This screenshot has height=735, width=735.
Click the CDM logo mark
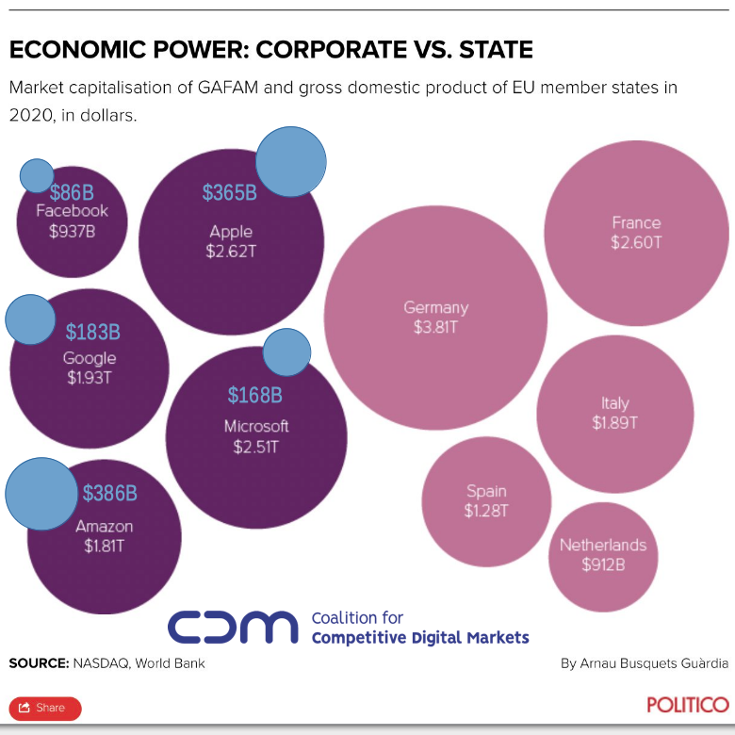232,627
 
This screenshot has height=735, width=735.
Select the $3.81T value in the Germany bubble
435,328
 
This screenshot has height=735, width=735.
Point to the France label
636,223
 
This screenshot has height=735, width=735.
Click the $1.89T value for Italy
614,423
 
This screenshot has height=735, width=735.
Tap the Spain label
486,491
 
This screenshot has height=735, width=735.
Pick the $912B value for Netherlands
603,564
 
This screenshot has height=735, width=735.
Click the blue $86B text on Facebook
72,192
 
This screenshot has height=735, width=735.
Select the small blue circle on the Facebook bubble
37,175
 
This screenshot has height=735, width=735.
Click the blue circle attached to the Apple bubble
291,162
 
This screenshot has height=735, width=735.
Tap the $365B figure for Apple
229,192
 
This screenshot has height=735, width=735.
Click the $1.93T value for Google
90,378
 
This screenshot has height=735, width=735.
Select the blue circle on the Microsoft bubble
286,352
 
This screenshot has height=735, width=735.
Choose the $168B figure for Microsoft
255,395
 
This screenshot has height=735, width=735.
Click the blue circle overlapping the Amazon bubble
41,493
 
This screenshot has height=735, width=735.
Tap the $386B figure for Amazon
109,493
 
